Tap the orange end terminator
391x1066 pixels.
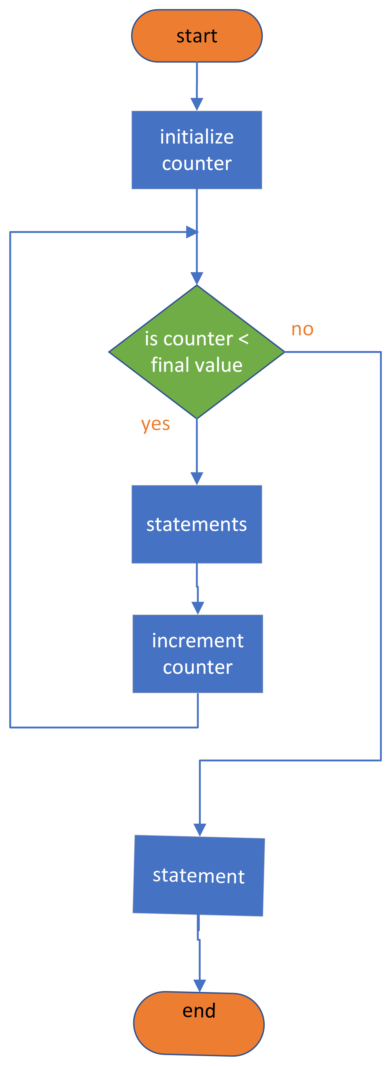pyautogui.click(x=199, y=1023)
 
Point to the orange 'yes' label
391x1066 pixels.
pyautogui.click(x=156, y=424)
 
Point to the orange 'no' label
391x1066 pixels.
pyautogui.click(x=302, y=329)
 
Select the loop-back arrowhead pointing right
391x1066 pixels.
pyautogui.click(x=192, y=232)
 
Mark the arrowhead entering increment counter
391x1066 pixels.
pyautogui.click(x=198, y=608)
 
